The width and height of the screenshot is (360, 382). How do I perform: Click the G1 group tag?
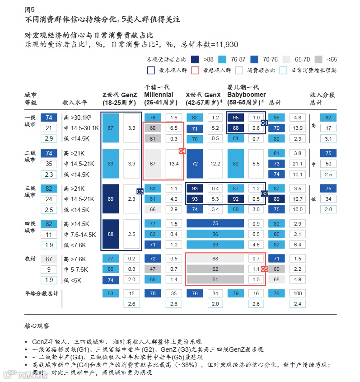coord(265,123)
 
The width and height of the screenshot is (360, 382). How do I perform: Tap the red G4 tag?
coord(182,151)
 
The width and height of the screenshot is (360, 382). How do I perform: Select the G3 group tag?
coord(140,192)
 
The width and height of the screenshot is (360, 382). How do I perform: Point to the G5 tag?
coord(265,269)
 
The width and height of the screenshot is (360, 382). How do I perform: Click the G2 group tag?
coord(265,193)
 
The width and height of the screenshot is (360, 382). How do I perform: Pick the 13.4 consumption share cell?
coord(173,163)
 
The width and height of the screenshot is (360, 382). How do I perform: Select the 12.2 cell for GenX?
coord(215,163)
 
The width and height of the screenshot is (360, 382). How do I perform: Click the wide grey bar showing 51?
coord(215,279)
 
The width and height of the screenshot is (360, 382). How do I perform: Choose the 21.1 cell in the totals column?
coord(298,163)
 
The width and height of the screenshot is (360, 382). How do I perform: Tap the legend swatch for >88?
coord(195,59)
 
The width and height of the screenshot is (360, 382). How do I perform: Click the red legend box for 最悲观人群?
coord(195,70)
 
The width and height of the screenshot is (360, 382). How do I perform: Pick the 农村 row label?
coord(30,259)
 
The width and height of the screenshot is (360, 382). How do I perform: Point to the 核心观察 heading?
coord(37,325)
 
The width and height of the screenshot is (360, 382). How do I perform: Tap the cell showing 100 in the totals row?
coord(298,293)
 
